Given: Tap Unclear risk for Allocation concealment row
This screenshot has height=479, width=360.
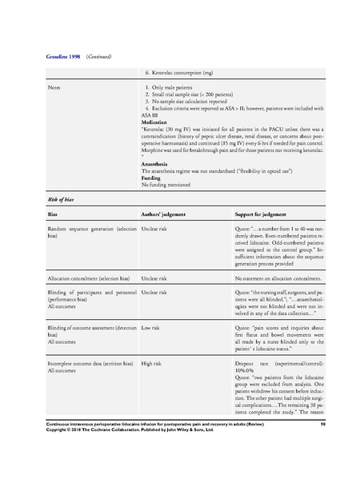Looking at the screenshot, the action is click(x=158, y=277).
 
